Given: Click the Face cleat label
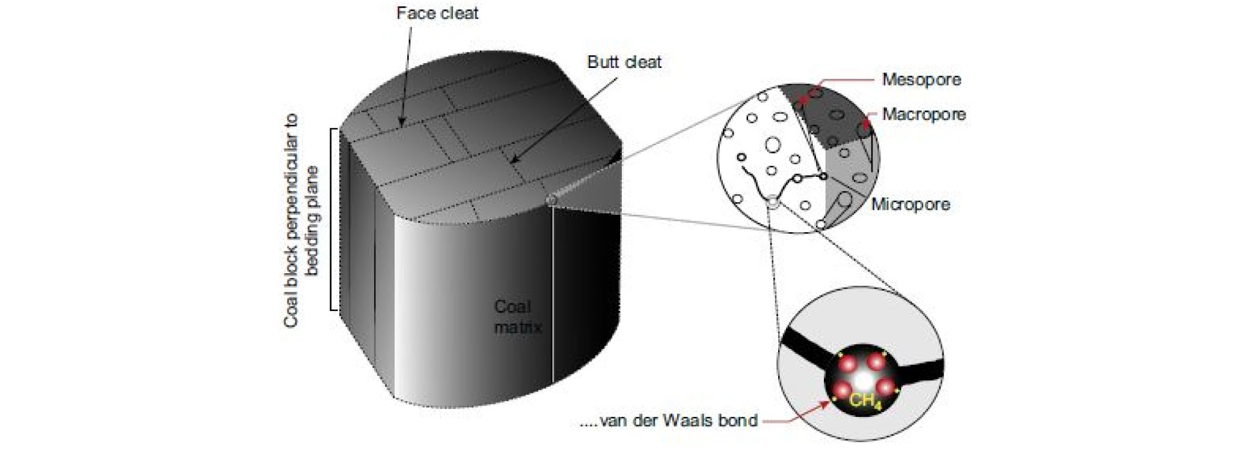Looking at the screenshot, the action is [437, 13].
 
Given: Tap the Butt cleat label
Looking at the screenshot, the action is [624, 62].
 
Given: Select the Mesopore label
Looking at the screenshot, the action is [921, 79].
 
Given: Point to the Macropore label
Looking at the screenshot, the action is [924, 114].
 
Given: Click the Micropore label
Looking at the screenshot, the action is [910, 205].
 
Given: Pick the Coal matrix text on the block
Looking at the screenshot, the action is [517, 317].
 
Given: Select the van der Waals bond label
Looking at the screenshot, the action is [669, 420].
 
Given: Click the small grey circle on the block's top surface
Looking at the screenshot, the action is [549, 199].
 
